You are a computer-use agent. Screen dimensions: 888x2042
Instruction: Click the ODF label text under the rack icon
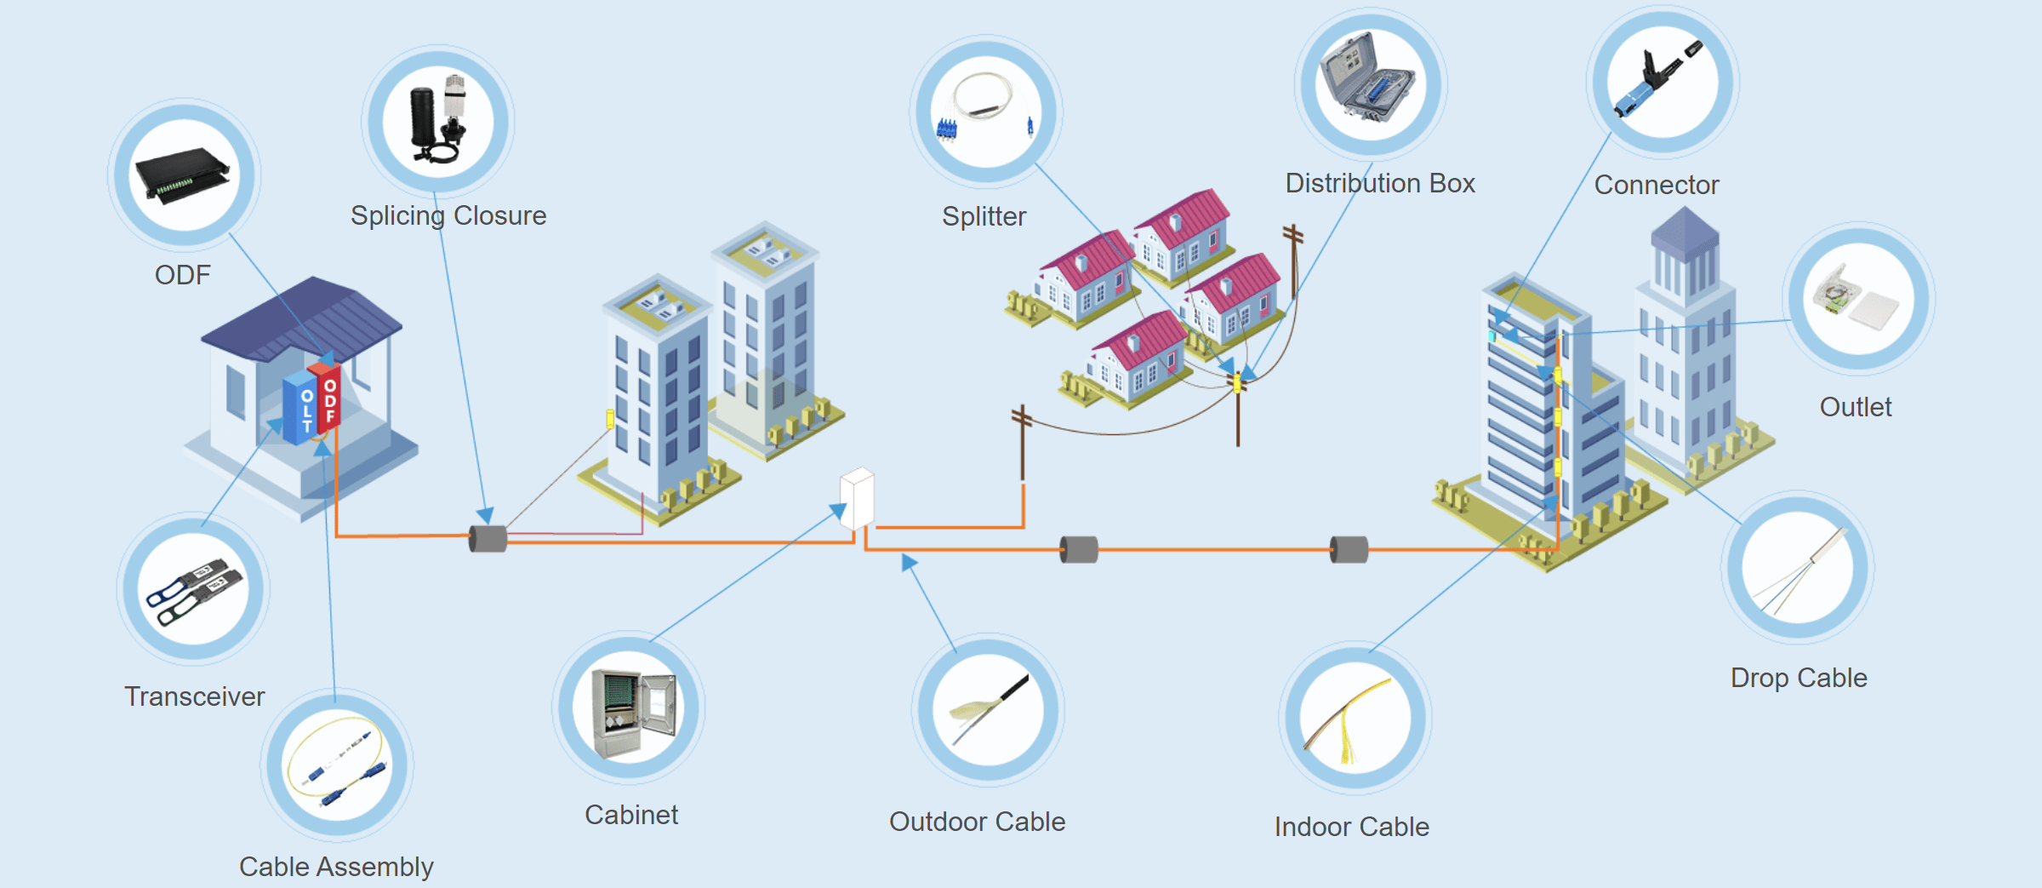pos(182,275)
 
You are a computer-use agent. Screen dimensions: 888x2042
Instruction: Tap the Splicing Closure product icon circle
pos(438,120)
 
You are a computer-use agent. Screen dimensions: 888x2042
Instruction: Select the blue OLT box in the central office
pos(300,406)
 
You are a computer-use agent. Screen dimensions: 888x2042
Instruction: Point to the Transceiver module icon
pos(194,589)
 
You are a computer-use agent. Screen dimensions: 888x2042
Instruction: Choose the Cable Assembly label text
pos(336,866)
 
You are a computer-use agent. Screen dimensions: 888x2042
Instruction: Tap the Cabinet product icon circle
pos(629,708)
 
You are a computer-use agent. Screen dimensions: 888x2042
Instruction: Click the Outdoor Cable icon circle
pos(988,708)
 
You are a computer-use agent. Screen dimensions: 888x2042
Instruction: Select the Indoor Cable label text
pos(1351,826)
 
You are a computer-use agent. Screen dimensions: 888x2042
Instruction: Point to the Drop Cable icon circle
pos(1797,568)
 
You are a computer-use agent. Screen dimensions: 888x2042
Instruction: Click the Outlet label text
pos(1855,407)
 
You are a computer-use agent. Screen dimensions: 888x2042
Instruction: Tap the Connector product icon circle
pos(1663,82)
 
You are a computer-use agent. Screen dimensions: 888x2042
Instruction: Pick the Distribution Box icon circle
pos(1371,84)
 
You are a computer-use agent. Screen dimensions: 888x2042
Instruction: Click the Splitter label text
pos(984,216)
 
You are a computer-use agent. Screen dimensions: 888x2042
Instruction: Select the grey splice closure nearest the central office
pos(488,538)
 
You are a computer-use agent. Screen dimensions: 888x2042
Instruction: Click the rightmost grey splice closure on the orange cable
pos(1349,549)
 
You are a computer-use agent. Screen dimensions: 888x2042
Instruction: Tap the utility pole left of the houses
pos(1022,443)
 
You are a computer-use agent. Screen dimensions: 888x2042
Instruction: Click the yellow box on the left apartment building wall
pos(610,418)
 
